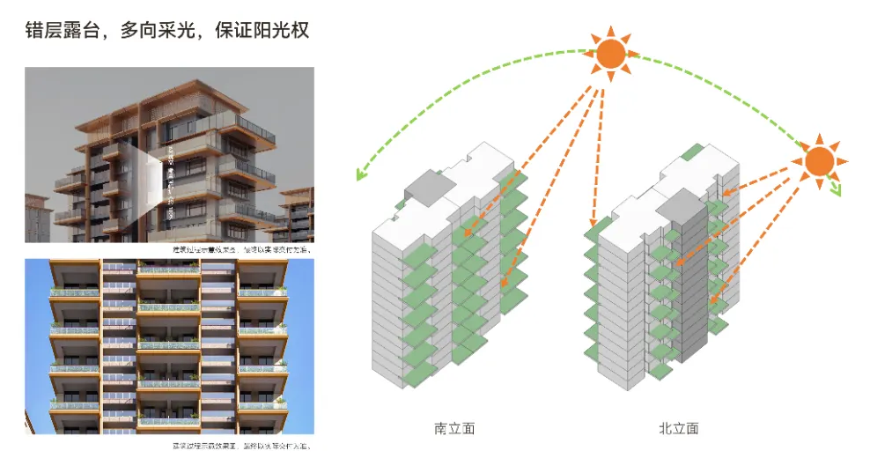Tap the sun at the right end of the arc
(x=819, y=161)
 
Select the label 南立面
(x=454, y=429)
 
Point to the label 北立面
(x=678, y=429)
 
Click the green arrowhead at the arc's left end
(x=360, y=174)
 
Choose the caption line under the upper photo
(x=241, y=249)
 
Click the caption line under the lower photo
(x=241, y=446)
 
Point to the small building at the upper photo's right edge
(x=299, y=216)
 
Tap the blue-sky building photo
(x=169, y=345)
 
